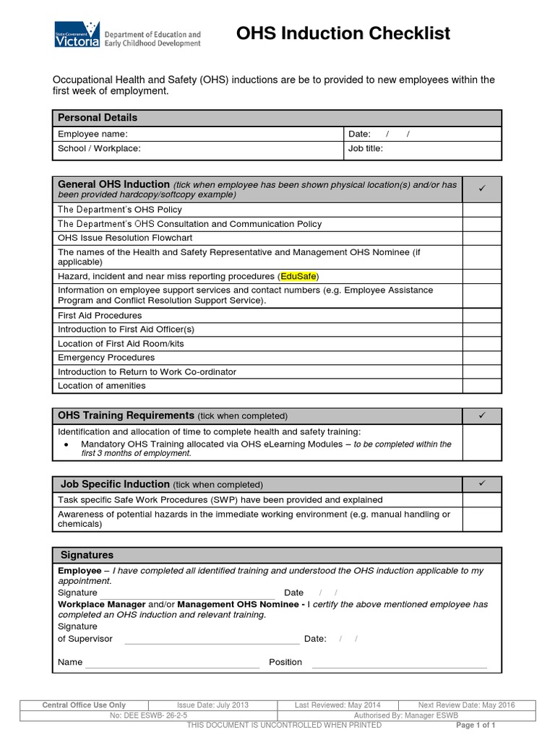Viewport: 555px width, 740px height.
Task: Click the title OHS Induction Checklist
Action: pos(343,33)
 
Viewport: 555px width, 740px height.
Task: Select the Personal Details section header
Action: pos(98,118)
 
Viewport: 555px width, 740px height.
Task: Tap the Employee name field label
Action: pos(92,134)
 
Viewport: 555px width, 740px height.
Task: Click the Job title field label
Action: pos(366,149)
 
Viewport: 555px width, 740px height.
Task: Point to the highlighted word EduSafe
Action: pos(298,277)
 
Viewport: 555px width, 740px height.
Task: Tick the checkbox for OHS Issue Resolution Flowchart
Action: pos(481,238)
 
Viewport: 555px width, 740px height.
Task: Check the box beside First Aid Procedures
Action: pos(481,316)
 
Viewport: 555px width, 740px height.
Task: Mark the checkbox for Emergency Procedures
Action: pos(481,358)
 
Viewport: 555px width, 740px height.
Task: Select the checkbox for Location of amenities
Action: pos(481,386)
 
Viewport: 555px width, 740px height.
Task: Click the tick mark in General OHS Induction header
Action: pos(481,189)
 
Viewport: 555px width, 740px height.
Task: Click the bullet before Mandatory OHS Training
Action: pos(66,444)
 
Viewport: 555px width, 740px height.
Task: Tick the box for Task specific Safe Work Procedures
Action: pos(481,500)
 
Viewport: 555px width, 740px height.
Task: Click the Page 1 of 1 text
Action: pos(476,725)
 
